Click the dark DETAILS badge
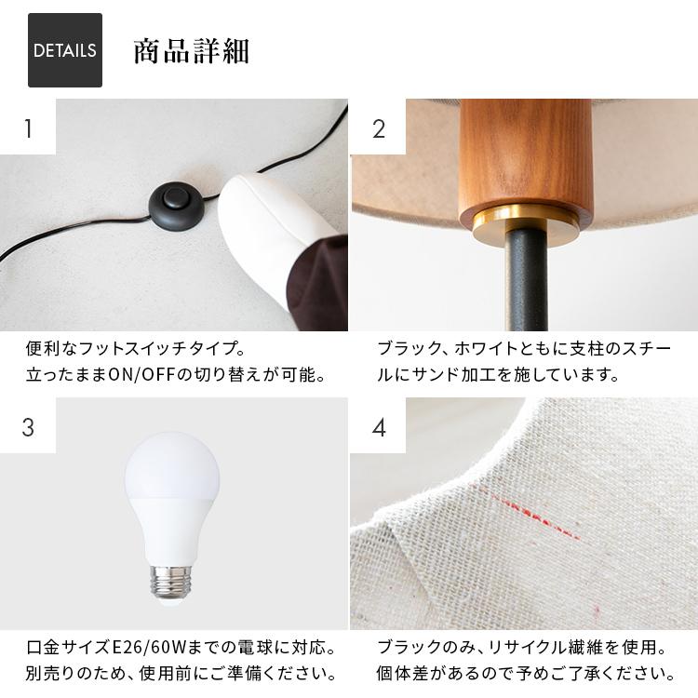[64, 50]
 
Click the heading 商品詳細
[191, 50]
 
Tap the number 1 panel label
[28, 128]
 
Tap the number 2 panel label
[378, 128]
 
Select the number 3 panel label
[28, 426]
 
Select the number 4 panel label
[378, 426]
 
